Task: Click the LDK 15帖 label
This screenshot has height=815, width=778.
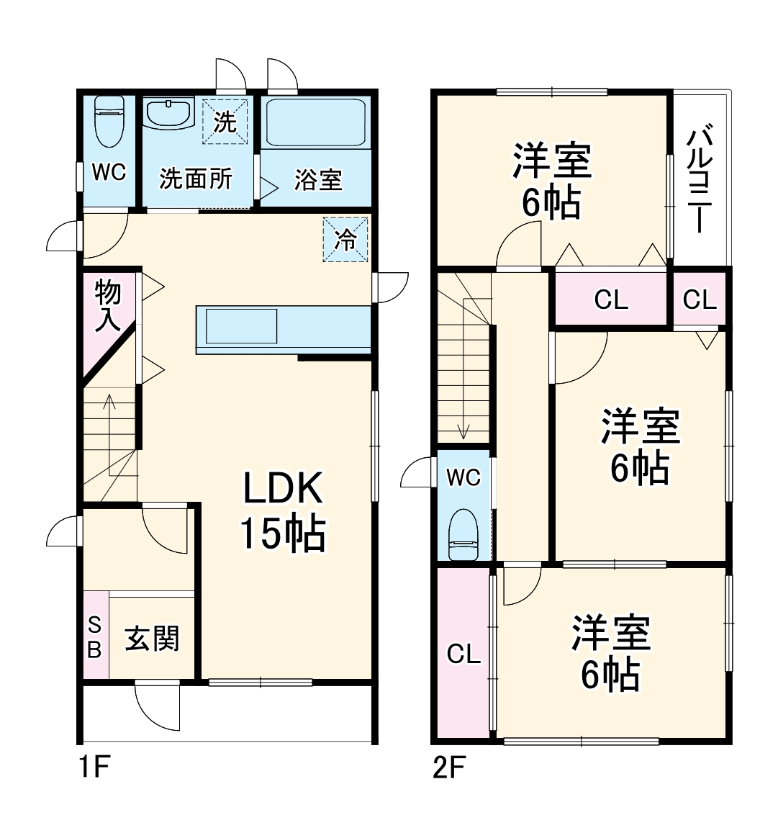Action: pyautogui.click(x=281, y=511)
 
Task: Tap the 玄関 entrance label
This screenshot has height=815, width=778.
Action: pyautogui.click(x=152, y=639)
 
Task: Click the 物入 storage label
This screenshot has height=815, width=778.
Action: pyautogui.click(x=107, y=306)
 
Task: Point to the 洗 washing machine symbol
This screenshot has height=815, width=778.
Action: pyautogui.click(x=225, y=122)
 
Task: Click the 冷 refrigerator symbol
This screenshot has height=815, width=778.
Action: pyautogui.click(x=346, y=240)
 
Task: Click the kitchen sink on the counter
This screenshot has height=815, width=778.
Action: pyautogui.click(x=242, y=326)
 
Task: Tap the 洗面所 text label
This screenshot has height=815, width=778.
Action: pyautogui.click(x=196, y=178)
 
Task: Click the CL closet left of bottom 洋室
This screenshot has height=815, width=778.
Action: pyautogui.click(x=463, y=654)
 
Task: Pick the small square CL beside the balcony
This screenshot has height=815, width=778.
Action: pyautogui.click(x=700, y=300)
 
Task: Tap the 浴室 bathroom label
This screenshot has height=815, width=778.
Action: pyautogui.click(x=317, y=179)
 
